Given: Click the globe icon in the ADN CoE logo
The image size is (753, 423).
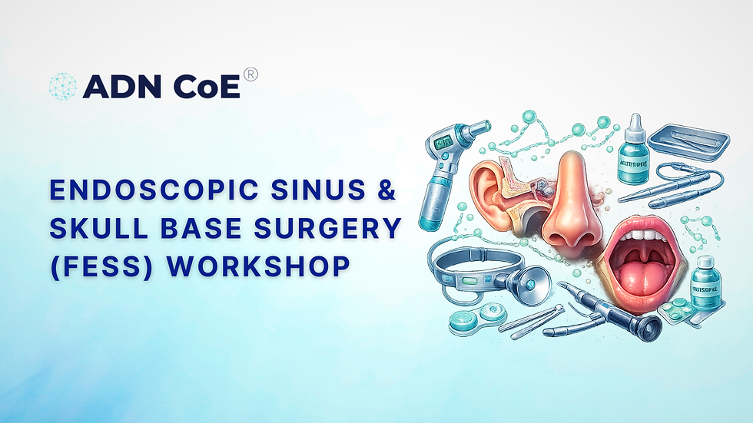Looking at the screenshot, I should pos(63,87).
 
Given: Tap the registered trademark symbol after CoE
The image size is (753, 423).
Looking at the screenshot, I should pos(250,74).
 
